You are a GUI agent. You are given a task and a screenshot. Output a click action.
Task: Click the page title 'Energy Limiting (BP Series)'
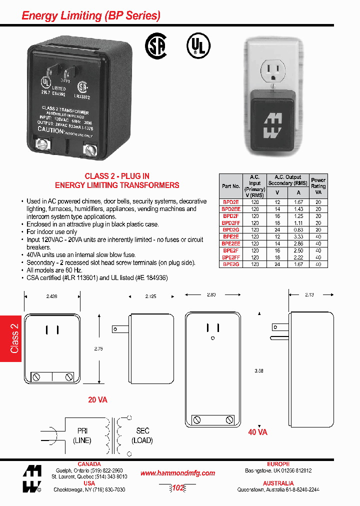[91, 16]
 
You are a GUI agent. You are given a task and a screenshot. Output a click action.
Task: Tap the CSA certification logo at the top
[156, 46]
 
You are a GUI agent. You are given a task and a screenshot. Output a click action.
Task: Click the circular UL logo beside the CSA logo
[197, 46]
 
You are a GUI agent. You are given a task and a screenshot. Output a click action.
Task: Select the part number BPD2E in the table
[231, 201]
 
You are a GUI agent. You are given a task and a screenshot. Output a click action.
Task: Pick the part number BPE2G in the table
[231, 264]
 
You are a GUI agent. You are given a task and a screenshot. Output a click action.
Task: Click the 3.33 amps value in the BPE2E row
[298, 236]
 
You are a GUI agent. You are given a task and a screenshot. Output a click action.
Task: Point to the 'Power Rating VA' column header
[318, 185]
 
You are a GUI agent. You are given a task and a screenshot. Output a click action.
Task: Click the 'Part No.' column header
[231, 186]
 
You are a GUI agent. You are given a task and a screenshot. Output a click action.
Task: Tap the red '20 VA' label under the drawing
[97, 400]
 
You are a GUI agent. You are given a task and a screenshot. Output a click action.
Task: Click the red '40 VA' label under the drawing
[257, 432]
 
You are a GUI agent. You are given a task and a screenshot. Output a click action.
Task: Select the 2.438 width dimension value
[52, 296]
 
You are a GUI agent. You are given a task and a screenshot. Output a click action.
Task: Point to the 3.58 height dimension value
[259, 371]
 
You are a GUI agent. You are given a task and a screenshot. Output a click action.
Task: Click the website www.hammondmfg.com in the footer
[177, 473]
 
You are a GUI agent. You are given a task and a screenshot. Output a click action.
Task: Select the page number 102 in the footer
[177, 488]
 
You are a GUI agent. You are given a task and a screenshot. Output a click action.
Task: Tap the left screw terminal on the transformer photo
[40, 145]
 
